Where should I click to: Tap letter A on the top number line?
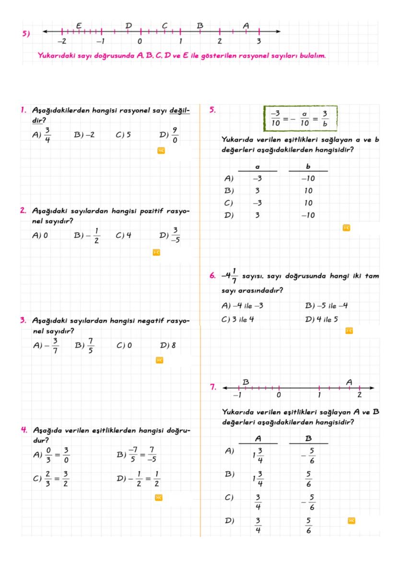coord(246,25)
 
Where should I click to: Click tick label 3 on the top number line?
coord(258,42)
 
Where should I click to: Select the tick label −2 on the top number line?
coord(61,42)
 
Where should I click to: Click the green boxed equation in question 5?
coord(301,118)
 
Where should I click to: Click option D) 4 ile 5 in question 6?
coord(322,319)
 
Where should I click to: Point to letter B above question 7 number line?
coord(245,382)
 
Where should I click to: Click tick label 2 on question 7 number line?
coord(360,396)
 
